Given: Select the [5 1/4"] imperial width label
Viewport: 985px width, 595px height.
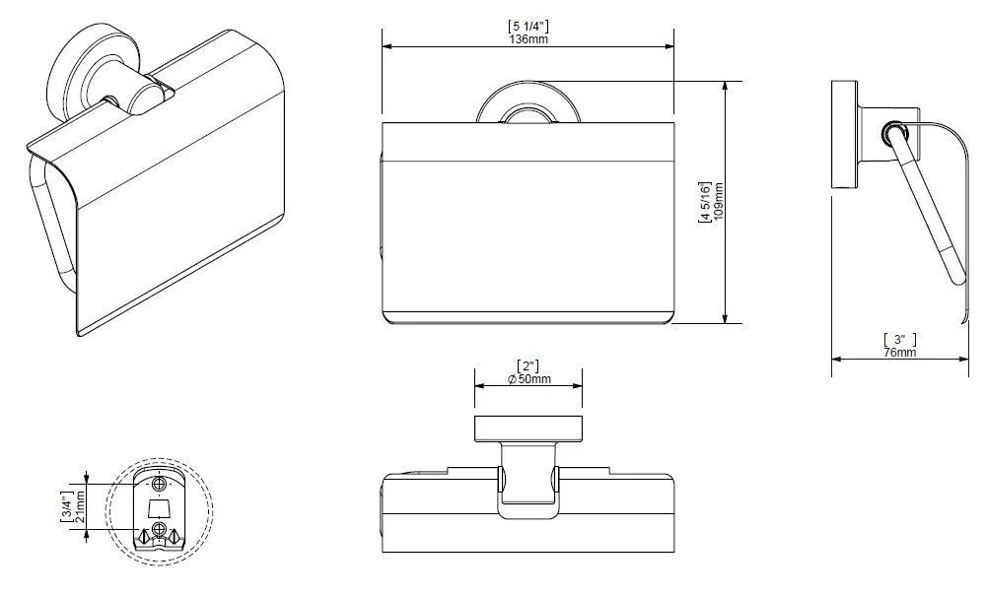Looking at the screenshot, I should point(528,25).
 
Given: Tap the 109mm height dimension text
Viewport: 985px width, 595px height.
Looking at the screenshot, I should point(718,202).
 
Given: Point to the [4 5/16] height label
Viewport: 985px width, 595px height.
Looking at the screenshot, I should point(704,202).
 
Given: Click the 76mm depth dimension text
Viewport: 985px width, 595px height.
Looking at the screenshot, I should point(899,352).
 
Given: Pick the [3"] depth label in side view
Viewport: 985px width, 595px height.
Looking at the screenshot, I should point(899,339).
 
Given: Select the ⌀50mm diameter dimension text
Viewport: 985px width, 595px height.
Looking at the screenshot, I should point(528,380).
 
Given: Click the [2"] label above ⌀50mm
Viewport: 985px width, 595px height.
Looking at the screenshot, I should point(528,366).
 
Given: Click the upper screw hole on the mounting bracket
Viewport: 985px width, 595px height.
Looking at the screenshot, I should point(159,484).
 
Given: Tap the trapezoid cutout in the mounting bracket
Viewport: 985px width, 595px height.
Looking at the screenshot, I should point(159,507).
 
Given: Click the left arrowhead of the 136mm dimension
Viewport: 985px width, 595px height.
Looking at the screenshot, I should point(387,45).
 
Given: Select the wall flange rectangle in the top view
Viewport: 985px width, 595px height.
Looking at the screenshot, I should point(528,428).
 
